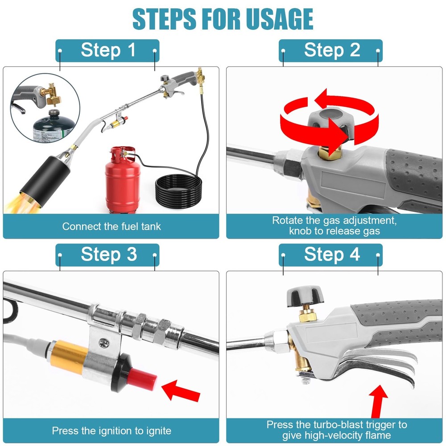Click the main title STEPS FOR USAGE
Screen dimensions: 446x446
click(x=223, y=19)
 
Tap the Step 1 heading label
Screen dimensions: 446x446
click(x=107, y=50)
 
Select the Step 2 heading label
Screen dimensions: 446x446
click(x=331, y=50)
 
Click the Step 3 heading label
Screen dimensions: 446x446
click(x=107, y=255)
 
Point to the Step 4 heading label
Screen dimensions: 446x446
click(x=331, y=255)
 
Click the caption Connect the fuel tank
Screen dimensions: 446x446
click(x=111, y=226)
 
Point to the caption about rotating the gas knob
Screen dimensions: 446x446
click(x=334, y=226)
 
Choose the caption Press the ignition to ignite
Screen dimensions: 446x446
click(x=111, y=431)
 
